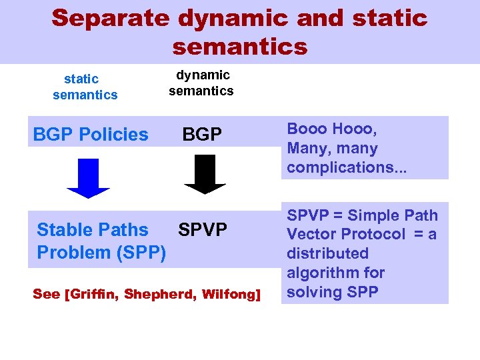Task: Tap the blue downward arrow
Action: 88,177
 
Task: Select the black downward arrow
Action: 205,174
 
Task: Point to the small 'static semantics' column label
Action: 85,87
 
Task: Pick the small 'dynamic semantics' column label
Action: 201,83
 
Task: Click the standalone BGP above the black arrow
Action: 202,135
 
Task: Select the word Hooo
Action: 354,129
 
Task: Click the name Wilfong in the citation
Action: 228,294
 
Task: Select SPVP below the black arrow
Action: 203,230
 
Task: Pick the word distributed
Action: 327,253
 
